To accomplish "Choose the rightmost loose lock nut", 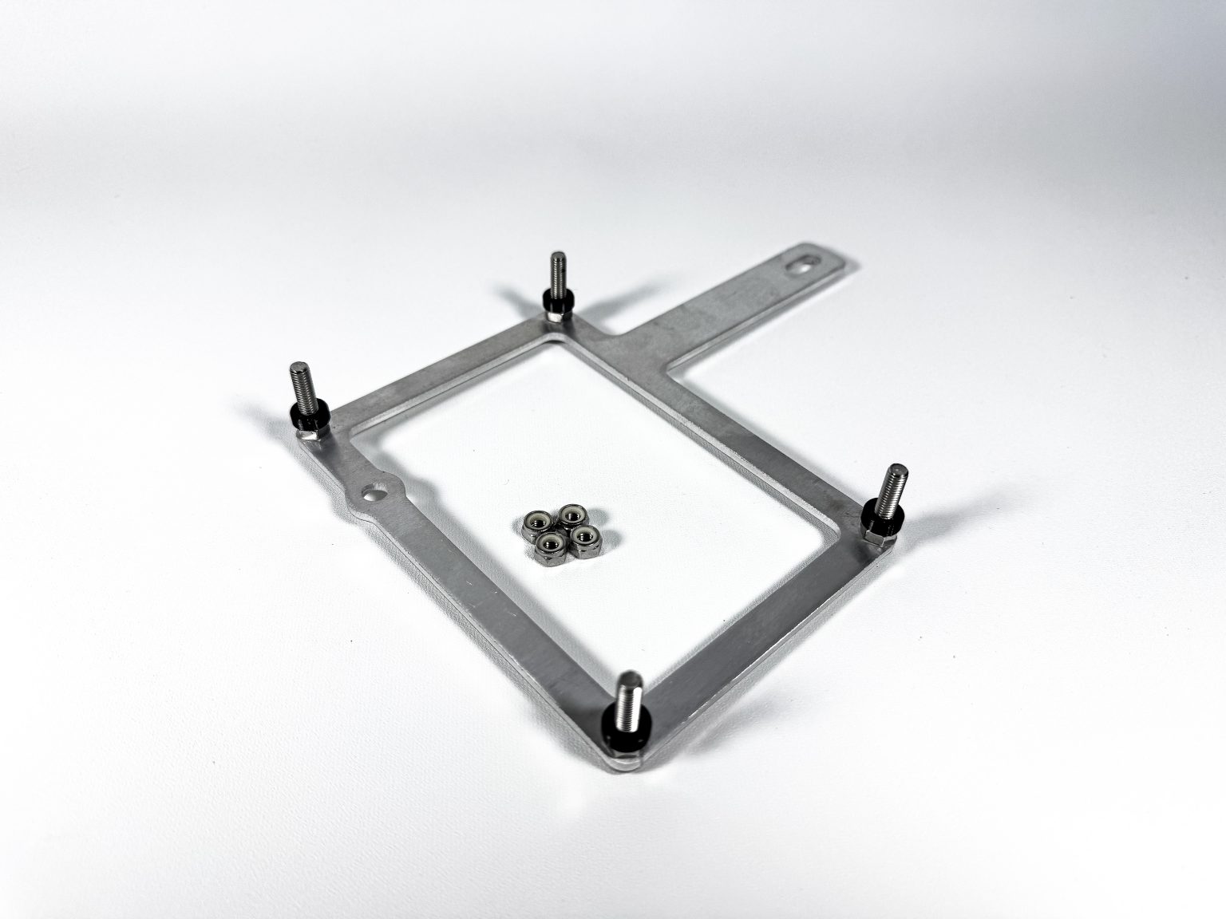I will click(584, 534).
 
